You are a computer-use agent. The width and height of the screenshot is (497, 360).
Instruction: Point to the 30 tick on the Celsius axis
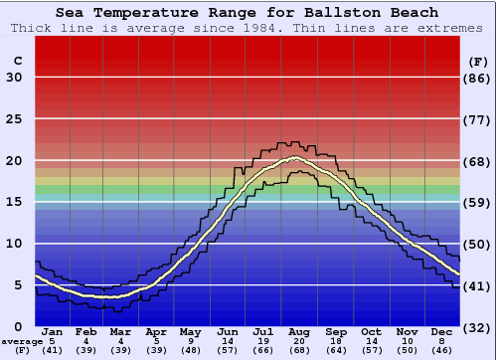click(x=14, y=78)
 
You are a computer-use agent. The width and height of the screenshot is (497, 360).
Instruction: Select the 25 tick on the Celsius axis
click(x=14, y=119)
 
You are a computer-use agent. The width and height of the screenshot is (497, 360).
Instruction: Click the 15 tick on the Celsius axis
click(x=14, y=203)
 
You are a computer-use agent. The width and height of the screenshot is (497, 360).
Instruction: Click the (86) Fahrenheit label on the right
click(x=477, y=78)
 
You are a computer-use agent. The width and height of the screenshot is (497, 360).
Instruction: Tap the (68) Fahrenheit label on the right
click(x=477, y=161)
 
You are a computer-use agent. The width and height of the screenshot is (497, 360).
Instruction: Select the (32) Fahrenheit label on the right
click(x=477, y=327)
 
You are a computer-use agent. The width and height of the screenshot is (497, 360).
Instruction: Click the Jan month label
click(x=53, y=331)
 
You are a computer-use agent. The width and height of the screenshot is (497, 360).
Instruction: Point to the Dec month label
click(x=442, y=331)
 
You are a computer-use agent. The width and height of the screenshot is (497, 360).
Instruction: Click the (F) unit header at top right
click(x=477, y=61)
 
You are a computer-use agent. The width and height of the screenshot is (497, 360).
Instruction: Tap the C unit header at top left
click(x=17, y=61)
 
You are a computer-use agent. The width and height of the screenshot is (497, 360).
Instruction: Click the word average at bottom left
click(x=21, y=342)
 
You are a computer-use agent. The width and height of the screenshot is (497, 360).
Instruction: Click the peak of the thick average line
click(x=294, y=158)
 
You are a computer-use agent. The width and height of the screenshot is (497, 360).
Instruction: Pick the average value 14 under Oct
click(x=372, y=341)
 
